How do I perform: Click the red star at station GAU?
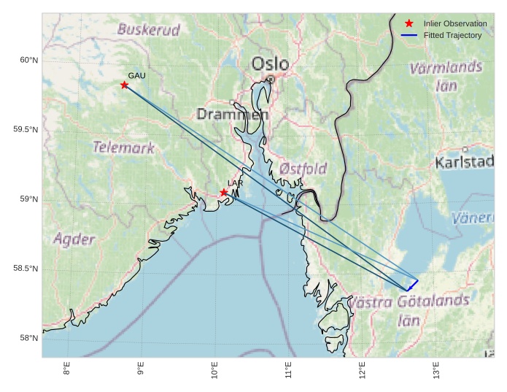coord(125,85)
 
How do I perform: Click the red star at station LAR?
coord(224,193)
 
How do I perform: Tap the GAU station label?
coord(137,75)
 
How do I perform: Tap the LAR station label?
coord(235,183)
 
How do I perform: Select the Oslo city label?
coord(270,64)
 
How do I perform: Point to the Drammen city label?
coord(233,115)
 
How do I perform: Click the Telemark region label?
coord(124,147)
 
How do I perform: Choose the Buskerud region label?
coord(148,30)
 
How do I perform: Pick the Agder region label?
coord(74,239)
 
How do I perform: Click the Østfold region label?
coord(303,169)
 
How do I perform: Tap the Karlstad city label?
coord(465,162)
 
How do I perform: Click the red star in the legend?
coord(409,23)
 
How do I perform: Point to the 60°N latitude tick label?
coord(28,60)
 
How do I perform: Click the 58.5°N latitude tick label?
coord(26,269)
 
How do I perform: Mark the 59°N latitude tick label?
coord(28,199)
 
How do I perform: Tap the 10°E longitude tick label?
coord(214,370)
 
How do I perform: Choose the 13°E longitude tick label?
coord(436,370)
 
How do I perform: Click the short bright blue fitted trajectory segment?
coord(412,285)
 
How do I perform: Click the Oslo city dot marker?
coord(271,79)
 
